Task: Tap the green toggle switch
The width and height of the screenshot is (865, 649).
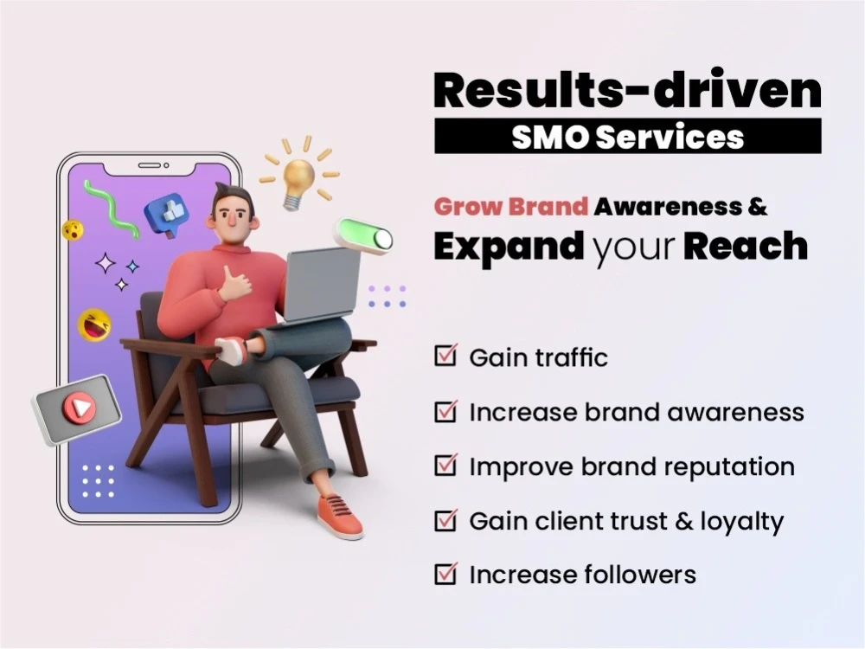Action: pyautogui.click(x=364, y=235)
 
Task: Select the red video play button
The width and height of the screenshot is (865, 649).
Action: pyautogui.click(x=77, y=408)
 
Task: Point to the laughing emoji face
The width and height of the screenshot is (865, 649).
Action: pyautogui.click(x=94, y=324)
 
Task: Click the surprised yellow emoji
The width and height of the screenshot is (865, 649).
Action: pyautogui.click(x=73, y=230)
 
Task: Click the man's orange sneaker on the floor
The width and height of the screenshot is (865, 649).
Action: pyautogui.click(x=339, y=517)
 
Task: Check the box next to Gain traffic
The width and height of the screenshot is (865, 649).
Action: pyautogui.click(x=445, y=356)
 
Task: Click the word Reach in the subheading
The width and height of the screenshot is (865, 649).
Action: pyautogui.click(x=746, y=247)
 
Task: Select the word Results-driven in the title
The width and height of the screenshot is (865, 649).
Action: pyautogui.click(x=627, y=91)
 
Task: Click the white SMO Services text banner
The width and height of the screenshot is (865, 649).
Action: pyautogui.click(x=627, y=137)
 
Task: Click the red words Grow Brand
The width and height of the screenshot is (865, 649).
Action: pyautogui.click(x=511, y=207)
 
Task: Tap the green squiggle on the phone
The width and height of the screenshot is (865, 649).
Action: pyautogui.click(x=111, y=208)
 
